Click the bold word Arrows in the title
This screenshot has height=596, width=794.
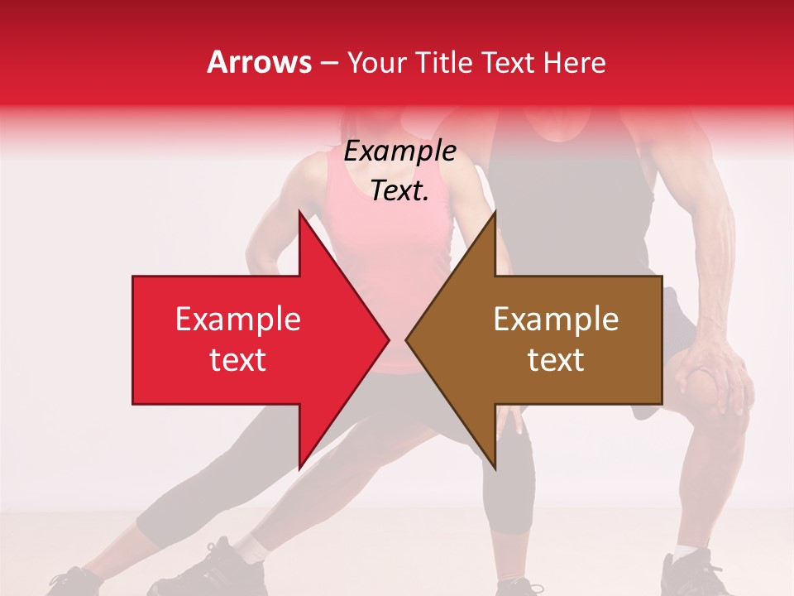point(259,62)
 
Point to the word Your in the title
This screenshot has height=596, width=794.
point(375,62)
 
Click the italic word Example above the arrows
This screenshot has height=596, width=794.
point(399,151)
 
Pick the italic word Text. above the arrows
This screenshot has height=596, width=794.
point(399,191)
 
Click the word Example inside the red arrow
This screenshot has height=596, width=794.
point(237,320)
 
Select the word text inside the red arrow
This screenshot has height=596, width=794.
point(237,360)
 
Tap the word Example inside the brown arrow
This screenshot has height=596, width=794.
point(556,320)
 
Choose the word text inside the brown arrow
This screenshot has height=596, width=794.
point(556,360)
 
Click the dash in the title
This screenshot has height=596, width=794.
point(328,63)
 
